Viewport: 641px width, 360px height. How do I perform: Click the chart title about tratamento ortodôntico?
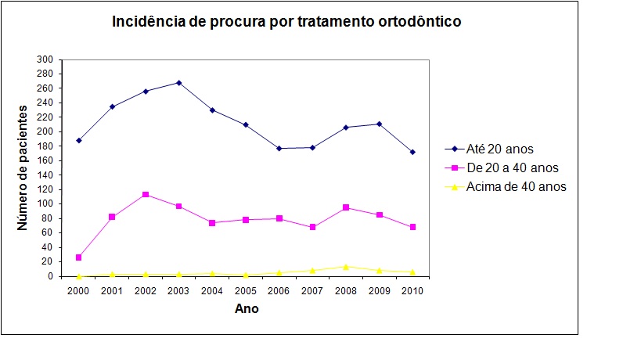coord(287,22)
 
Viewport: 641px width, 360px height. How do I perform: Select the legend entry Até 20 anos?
coord(501,149)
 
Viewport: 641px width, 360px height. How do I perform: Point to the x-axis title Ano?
coord(247,308)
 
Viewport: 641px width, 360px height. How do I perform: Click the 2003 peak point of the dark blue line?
coord(179,82)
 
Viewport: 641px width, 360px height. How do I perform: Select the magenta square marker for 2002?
coord(146,194)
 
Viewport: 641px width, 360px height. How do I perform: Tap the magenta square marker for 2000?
coord(78,257)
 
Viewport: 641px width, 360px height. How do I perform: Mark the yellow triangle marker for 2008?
coord(346,266)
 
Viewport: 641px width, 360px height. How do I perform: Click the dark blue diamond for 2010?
coord(412,152)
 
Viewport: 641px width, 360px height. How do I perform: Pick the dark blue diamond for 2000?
coord(78,140)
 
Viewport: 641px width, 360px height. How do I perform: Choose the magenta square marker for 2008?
coord(346,207)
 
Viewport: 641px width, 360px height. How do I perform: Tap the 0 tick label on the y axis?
coord(50,276)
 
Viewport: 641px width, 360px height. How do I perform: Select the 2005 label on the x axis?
coord(246,290)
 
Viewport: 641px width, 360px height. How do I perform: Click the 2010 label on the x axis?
coord(412,290)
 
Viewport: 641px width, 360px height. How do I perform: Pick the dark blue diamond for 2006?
coord(279,148)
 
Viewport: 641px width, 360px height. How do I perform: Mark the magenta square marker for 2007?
coord(312,227)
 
